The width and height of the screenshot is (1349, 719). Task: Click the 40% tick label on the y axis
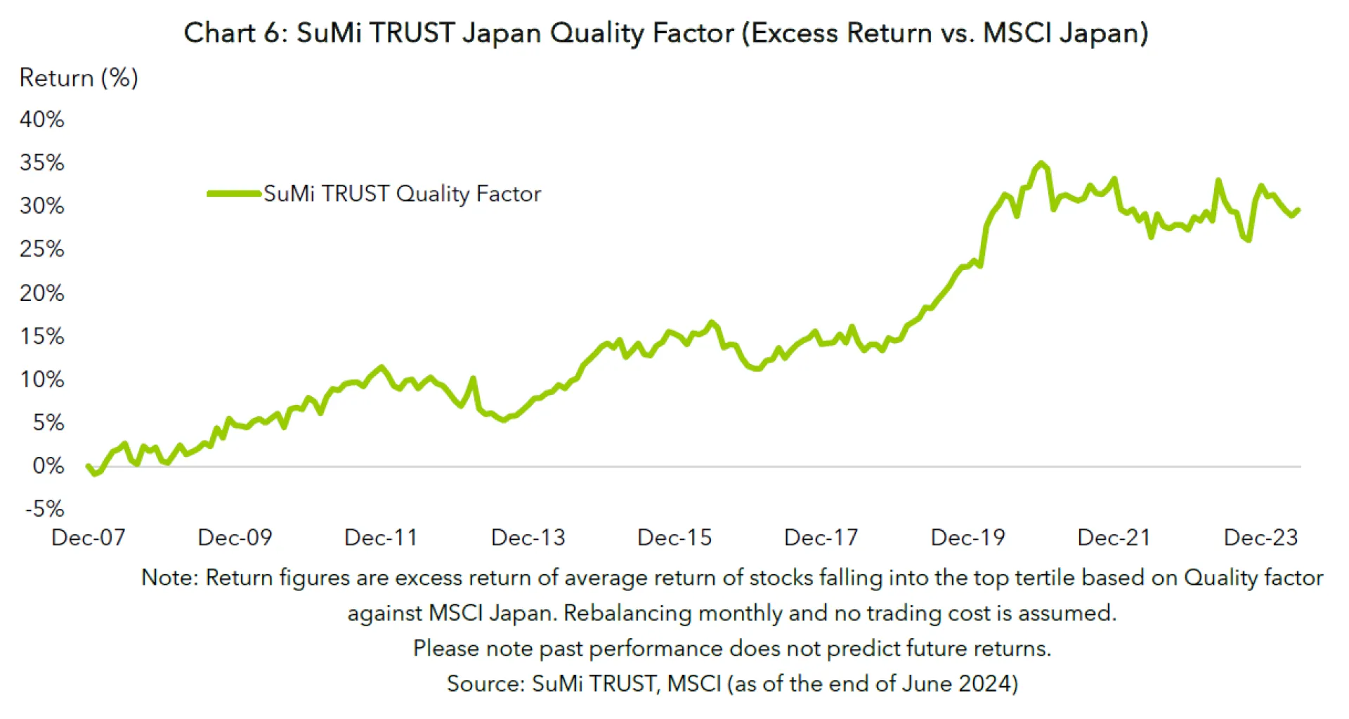[x=42, y=119]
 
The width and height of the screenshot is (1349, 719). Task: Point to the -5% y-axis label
[x=45, y=508]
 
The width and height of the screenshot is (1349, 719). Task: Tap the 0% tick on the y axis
[x=48, y=465]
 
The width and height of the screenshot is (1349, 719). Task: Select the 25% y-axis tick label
[x=42, y=249]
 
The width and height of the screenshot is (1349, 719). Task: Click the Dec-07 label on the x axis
[x=89, y=538]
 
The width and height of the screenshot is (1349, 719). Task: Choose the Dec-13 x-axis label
[x=528, y=538]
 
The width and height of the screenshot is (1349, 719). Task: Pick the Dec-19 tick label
[x=967, y=538]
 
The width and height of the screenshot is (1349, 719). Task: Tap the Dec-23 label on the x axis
[x=1260, y=538]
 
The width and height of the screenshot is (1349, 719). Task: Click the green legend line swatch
[x=234, y=193]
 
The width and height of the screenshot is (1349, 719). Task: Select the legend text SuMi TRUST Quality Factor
[x=402, y=193]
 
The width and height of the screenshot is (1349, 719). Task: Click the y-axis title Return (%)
[x=79, y=77]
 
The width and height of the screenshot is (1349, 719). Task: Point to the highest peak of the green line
[x=1041, y=164]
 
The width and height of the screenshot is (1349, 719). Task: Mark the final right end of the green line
[x=1298, y=209]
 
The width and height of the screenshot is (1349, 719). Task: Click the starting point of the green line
[x=88, y=466]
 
